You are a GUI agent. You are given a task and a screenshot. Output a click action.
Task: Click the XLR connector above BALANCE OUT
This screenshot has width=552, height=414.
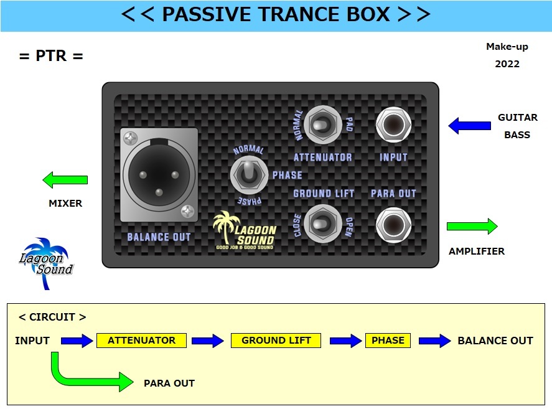159,175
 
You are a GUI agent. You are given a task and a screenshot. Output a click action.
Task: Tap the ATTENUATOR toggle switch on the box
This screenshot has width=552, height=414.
322,125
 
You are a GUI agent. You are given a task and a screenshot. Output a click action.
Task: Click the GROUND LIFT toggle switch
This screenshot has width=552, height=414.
322,223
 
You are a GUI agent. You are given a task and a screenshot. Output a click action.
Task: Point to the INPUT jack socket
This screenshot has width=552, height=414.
393,125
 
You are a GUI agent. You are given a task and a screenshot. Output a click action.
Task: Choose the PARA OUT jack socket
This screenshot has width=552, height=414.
393,225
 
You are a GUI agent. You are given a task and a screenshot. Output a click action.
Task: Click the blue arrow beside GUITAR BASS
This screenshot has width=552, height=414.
470,126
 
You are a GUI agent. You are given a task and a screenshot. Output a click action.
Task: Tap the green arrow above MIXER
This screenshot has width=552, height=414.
65,180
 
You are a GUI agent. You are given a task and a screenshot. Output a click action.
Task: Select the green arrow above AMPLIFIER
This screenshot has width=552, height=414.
472,226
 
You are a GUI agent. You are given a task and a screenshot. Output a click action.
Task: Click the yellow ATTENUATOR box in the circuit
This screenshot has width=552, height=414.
141,341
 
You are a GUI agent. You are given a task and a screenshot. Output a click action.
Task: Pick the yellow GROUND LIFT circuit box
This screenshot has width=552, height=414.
276,341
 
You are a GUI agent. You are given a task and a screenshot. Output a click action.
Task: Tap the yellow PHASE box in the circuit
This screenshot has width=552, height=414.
388,341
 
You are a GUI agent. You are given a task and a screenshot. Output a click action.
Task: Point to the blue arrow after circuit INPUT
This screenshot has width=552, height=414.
77,341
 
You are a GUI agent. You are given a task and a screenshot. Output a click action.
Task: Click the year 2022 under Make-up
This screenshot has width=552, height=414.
507,64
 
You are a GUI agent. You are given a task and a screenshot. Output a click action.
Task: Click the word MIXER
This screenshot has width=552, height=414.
65,204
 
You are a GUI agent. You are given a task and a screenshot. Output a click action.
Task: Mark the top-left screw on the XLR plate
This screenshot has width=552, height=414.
131,138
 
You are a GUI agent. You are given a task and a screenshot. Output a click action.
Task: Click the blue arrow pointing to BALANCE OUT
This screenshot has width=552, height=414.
435,341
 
